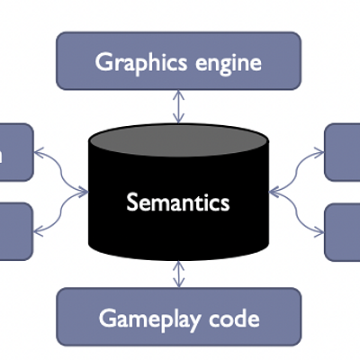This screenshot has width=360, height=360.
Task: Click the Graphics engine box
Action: point(178,62)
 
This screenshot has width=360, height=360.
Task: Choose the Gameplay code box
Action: point(178,317)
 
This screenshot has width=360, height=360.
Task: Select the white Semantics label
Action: point(178,202)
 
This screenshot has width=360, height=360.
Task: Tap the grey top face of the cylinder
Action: point(178,142)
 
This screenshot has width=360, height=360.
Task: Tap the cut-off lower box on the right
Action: point(343,231)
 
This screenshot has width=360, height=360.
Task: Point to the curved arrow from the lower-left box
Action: point(61,212)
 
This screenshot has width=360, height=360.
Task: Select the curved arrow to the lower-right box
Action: point(296,212)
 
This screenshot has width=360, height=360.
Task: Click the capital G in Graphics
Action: point(103,63)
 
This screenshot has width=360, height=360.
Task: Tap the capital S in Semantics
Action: point(132,202)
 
